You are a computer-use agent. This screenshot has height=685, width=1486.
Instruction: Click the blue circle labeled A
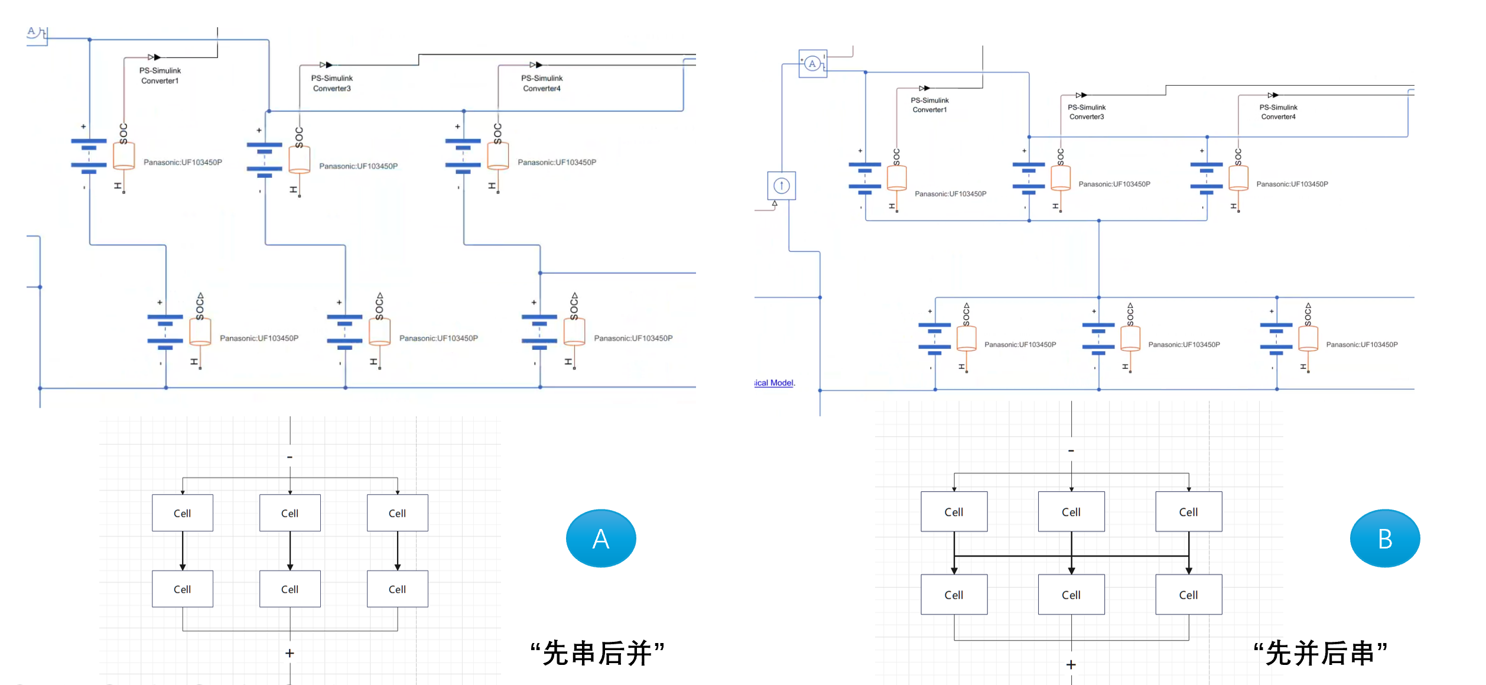[x=600, y=538]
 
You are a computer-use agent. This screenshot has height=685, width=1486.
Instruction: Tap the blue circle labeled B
[x=1384, y=538]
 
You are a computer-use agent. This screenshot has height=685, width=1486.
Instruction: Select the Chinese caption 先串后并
[x=597, y=653]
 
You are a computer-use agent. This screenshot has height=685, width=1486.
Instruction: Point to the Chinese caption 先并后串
[x=1320, y=653]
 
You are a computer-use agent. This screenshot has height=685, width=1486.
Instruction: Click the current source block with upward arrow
[x=781, y=186]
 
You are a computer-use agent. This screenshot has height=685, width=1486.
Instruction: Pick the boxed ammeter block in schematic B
[x=812, y=64]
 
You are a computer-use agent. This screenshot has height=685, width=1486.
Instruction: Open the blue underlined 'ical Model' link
[x=775, y=383]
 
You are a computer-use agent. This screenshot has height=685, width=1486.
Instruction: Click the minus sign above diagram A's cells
[x=290, y=457]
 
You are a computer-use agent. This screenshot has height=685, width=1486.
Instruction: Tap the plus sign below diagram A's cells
[x=290, y=653]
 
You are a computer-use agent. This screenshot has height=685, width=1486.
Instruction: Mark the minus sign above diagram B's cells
[x=1071, y=451]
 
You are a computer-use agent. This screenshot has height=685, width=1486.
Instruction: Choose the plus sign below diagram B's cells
[x=1071, y=665]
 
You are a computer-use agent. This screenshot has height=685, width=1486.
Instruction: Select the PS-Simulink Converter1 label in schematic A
[x=160, y=76]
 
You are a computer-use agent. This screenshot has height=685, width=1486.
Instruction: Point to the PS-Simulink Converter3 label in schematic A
[x=332, y=83]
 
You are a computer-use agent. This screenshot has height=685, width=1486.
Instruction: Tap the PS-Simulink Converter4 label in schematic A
[x=542, y=83]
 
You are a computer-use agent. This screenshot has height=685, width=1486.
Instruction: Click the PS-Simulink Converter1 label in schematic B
[x=929, y=105]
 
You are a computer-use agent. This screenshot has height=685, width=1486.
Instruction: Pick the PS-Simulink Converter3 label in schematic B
[x=1087, y=112]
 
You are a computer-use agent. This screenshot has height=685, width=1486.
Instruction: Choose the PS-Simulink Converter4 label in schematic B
[x=1278, y=112]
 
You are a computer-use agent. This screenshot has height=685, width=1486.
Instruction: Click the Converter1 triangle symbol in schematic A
[x=154, y=57]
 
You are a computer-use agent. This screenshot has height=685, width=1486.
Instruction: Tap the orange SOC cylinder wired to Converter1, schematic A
[x=123, y=156]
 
